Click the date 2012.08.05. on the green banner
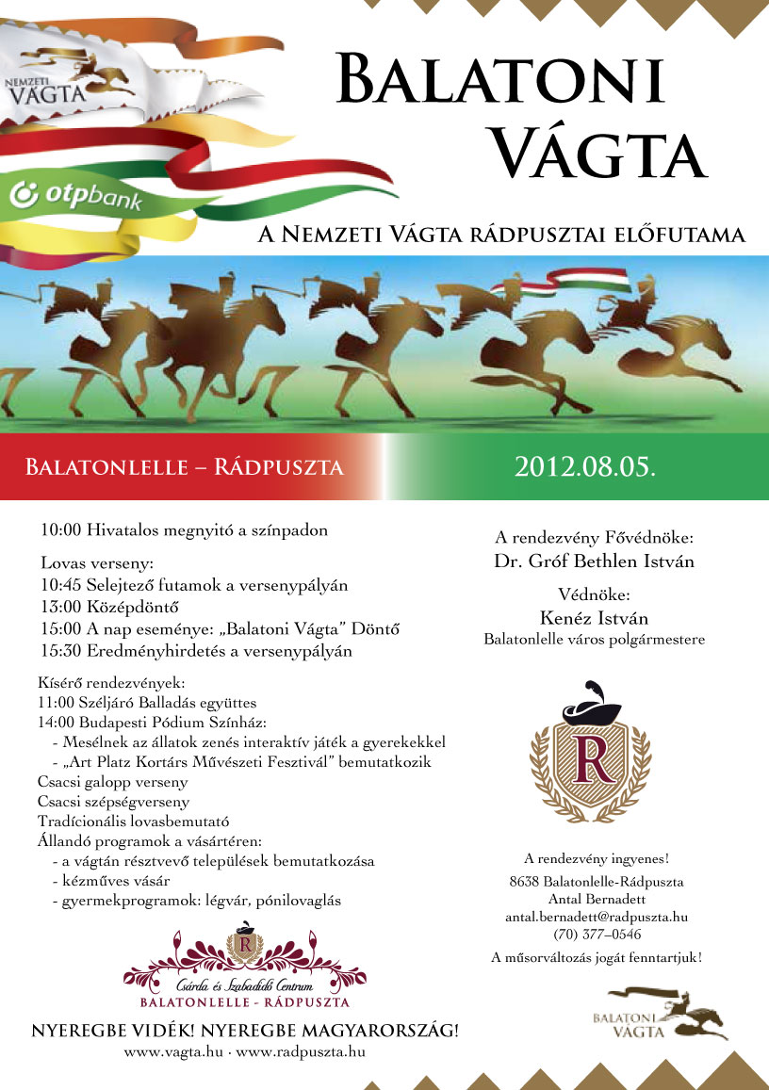tap(583, 466)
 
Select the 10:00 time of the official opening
tap(59, 530)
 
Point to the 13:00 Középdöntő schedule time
tap(59, 606)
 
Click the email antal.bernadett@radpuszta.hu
tap(597, 917)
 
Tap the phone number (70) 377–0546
tap(597, 935)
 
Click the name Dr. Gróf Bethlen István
tap(594, 561)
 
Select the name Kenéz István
tap(595, 619)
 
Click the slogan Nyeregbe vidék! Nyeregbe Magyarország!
tap(245, 1030)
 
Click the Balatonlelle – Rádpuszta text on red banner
tap(184, 467)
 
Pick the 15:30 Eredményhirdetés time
tap(59, 650)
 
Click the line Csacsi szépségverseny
tap(113, 802)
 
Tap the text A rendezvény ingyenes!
tap(597, 859)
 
